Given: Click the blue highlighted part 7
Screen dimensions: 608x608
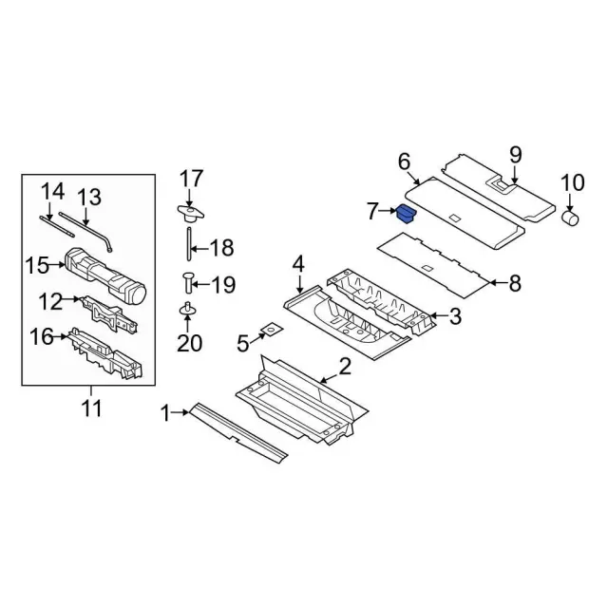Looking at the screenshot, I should point(407,213).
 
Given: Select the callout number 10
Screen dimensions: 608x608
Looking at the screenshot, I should point(573,182).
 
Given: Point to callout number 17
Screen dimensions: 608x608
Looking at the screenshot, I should point(191,178).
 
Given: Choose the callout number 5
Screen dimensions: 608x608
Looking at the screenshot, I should point(243,340).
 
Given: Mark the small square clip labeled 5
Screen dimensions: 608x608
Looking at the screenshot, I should point(272,330).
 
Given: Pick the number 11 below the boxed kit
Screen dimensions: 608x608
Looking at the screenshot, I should point(91,409).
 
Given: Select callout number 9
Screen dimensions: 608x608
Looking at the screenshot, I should point(516,154).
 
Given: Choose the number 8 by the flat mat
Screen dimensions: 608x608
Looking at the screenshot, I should point(516,281).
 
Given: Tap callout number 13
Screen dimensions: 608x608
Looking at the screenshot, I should point(88,198).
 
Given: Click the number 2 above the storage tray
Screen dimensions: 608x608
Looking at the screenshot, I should point(345,367).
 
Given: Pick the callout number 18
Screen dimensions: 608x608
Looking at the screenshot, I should point(220,249).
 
